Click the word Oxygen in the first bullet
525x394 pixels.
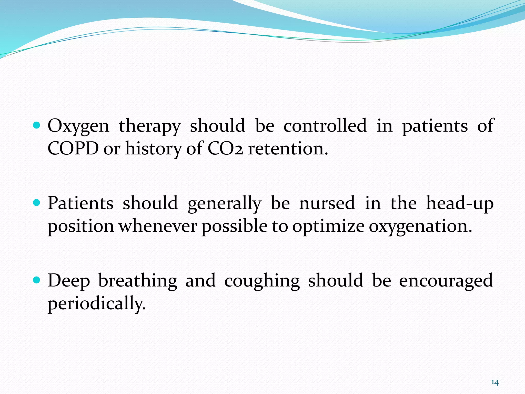pyautogui.click(x=78, y=126)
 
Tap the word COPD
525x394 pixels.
pyautogui.click(x=73, y=149)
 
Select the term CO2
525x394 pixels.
pyautogui.click(x=225, y=149)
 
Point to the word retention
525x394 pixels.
pyautogui.click(x=288, y=149)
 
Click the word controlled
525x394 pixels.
pyautogui.click(x=325, y=126)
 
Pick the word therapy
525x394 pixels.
pyautogui.click(x=150, y=126)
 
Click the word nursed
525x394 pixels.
pyautogui.click(x=327, y=203)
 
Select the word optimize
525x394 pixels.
pyautogui.click(x=328, y=227)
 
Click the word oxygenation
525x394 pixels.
pyautogui.click(x=420, y=227)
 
